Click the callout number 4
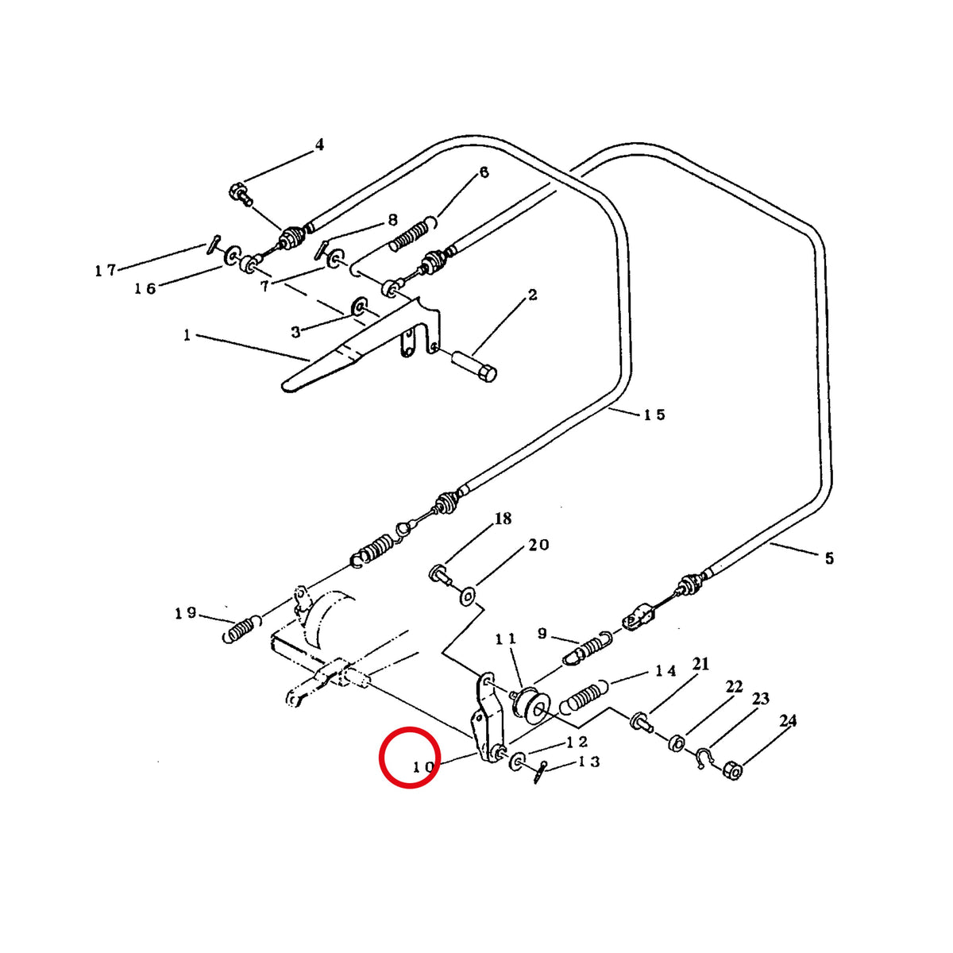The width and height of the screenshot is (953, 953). tap(319, 145)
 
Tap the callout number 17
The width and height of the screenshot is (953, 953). tap(106, 271)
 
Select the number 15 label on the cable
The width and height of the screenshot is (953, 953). tap(654, 415)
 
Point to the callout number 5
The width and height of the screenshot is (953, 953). tap(829, 559)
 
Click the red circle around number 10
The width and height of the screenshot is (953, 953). tap(410, 757)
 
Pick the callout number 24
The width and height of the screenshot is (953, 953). tap(788, 721)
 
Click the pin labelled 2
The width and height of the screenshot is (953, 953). tap(475, 366)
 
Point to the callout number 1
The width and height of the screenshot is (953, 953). tap(187, 336)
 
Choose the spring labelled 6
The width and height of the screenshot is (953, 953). tap(413, 235)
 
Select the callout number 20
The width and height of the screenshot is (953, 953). tap(538, 545)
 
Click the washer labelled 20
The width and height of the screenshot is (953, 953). tap(467, 597)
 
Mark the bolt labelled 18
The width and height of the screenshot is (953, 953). tap(439, 575)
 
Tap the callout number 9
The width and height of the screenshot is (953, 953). tap(542, 633)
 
